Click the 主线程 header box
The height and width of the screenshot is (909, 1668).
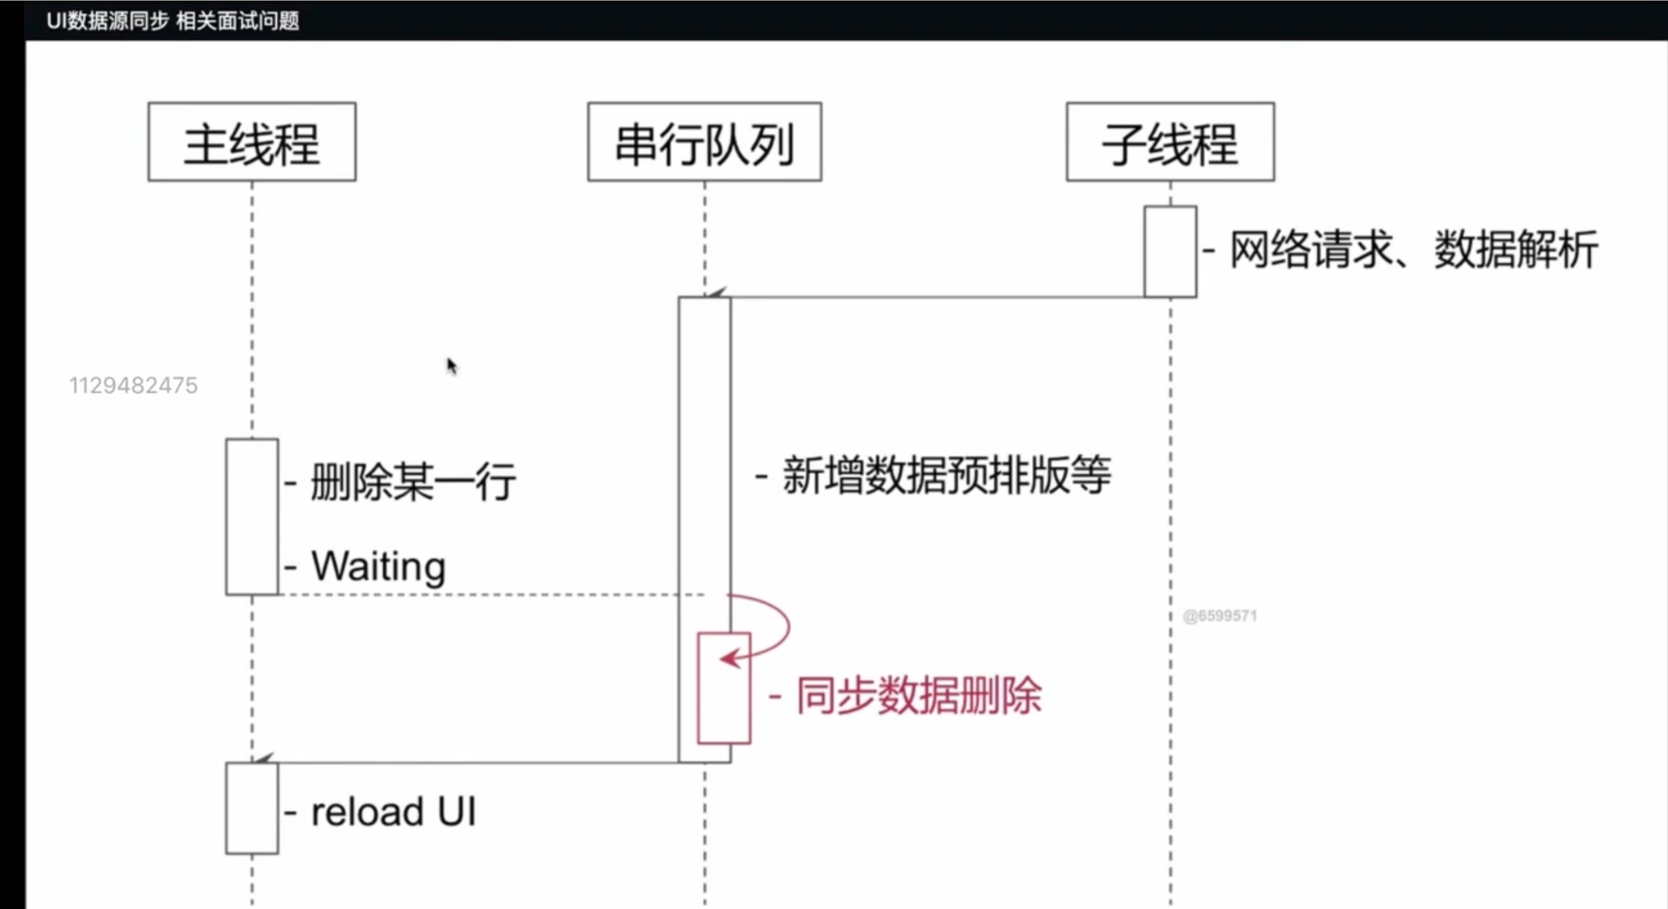pyautogui.click(x=252, y=142)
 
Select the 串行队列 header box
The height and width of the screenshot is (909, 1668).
pyautogui.click(x=704, y=142)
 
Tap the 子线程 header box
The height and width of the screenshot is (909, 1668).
pyautogui.click(x=1170, y=142)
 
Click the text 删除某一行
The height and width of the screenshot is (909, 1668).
pyautogui.click(x=413, y=482)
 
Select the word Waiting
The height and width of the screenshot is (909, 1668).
pyautogui.click(x=379, y=566)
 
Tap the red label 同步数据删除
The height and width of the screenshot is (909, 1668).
pyautogui.click(x=918, y=696)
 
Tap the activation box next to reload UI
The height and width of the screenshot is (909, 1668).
pyautogui.click(x=252, y=808)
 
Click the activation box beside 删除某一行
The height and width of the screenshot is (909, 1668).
pyautogui.click(x=252, y=517)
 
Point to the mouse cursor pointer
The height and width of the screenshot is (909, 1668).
pyautogui.click(x=451, y=366)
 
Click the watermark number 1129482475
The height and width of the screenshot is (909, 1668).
pyautogui.click(x=133, y=386)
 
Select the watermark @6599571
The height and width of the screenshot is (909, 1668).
pyautogui.click(x=1220, y=616)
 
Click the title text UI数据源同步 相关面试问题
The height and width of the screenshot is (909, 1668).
pyautogui.click(x=173, y=21)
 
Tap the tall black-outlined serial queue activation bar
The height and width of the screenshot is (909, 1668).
pyautogui.click(x=704, y=453)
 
